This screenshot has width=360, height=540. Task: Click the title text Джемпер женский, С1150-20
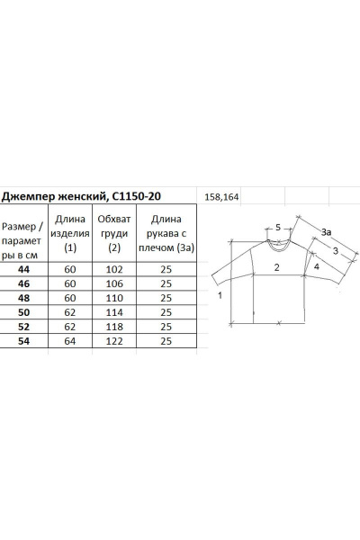[81, 196]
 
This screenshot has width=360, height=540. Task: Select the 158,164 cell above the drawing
[221, 197]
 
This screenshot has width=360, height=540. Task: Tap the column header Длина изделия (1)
[70, 233]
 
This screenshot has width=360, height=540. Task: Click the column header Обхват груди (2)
[114, 233]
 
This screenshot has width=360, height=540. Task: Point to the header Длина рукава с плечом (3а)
[166, 233]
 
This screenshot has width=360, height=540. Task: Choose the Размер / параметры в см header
[22, 240]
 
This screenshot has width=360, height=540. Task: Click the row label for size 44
[23, 269]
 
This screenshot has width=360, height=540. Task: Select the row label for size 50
[23, 312]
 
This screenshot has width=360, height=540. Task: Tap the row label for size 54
[23, 341]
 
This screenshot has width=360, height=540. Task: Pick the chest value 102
[114, 269]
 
